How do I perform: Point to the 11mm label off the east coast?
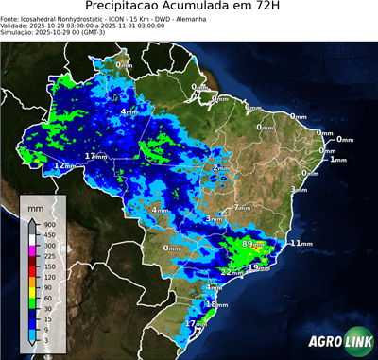click(x=300, y=243)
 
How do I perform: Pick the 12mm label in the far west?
click(x=62, y=165)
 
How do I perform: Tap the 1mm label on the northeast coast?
click(x=338, y=160)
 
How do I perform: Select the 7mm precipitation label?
click(x=241, y=206)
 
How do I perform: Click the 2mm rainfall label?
click(x=220, y=168)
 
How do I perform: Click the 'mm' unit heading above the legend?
click(x=36, y=205)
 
